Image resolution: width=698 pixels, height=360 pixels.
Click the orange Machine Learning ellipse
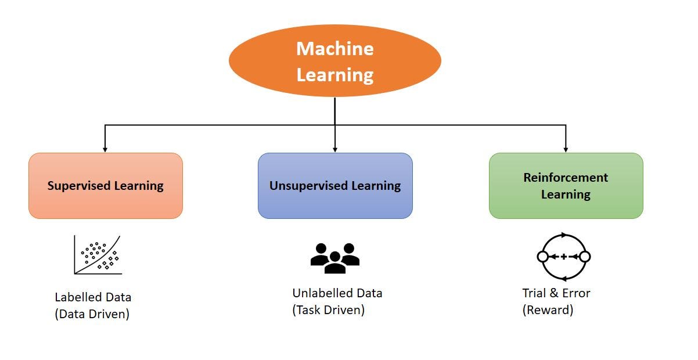coord(335,60)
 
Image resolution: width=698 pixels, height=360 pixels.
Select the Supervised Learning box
coord(106,186)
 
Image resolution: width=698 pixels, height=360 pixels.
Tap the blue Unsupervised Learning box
coord(335,186)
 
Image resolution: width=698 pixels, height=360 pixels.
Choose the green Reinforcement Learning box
coord(566,186)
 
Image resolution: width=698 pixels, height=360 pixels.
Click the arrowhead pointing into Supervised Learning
coord(105,148)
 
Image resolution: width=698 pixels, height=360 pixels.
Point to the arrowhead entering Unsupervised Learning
coord(335,148)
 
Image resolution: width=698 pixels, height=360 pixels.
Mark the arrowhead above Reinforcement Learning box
coord(566,148)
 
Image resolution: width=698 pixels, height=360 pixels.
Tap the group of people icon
coord(335,257)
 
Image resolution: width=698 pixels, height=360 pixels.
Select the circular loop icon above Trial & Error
coord(564,256)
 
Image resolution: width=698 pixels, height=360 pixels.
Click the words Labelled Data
coord(93,297)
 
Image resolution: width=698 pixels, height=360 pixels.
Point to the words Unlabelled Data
coord(337,293)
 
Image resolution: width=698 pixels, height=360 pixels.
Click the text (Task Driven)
coord(329,309)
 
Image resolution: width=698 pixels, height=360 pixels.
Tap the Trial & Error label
coord(556,293)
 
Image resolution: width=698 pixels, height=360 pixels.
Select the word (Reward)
coord(548,309)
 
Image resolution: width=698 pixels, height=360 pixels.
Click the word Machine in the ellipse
coord(335,48)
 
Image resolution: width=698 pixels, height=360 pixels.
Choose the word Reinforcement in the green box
coord(566,178)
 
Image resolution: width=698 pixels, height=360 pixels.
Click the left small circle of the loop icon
coord(543,256)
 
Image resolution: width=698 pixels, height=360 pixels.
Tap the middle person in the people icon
coord(335,262)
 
